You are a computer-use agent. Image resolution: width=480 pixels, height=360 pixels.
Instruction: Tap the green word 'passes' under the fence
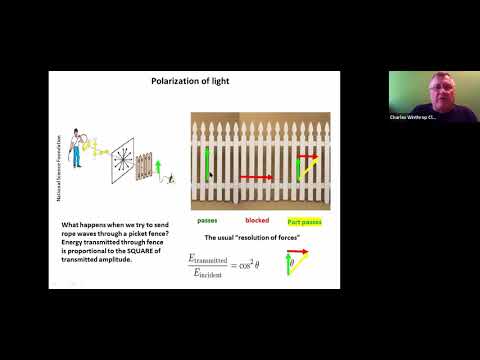pos(208,218)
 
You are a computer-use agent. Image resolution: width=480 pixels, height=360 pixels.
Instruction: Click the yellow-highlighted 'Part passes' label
pos(302,218)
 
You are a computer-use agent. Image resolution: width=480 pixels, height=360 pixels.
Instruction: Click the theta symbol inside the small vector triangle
pos(292,263)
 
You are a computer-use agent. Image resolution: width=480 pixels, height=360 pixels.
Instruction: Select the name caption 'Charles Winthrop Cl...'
pos(412,117)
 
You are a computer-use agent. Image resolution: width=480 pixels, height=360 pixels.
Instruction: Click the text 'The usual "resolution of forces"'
pos(250,237)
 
